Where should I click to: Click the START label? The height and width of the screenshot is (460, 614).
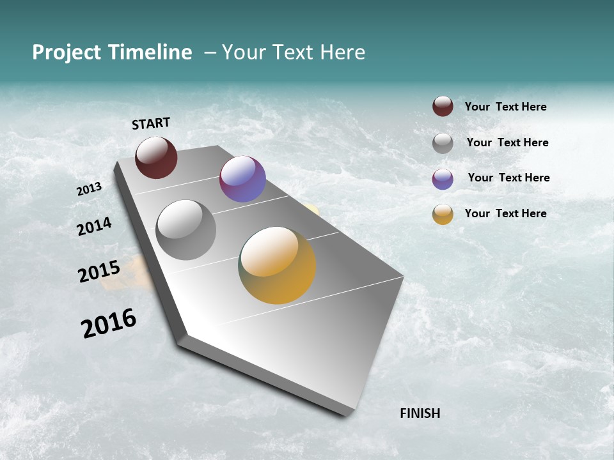pos(151,123)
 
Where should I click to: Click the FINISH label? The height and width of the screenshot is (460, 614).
pos(420,413)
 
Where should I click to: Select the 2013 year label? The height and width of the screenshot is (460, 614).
pos(89,189)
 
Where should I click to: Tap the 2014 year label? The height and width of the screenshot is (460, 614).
pos(94,227)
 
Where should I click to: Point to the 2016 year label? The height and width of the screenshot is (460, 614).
pos(109,323)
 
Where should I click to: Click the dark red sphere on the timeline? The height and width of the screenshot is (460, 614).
pos(156,157)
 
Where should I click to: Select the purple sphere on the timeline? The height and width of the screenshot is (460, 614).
pos(242,179)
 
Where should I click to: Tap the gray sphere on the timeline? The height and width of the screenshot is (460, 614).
pos(185,229)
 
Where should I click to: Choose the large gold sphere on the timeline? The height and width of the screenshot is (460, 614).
pos(277,265)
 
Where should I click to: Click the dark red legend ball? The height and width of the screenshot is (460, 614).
pos(443,106)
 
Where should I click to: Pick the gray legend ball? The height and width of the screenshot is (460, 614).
pos(443,143)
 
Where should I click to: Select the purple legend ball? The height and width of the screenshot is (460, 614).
pos(443,179)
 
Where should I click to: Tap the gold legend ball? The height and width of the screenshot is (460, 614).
pos(443,215)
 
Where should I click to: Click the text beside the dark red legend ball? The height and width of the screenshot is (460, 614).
pos(505,107)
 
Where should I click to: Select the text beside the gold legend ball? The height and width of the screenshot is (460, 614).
pos(505,213)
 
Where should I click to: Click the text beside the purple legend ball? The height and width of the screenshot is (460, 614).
pos(508,178)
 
